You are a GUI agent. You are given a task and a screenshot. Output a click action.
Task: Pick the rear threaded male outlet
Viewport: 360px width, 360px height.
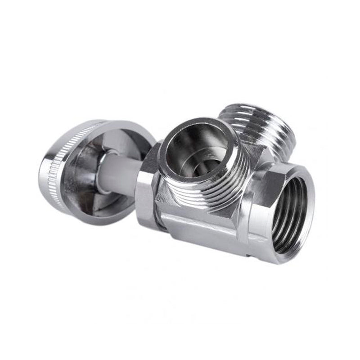click(x=265, y=128)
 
